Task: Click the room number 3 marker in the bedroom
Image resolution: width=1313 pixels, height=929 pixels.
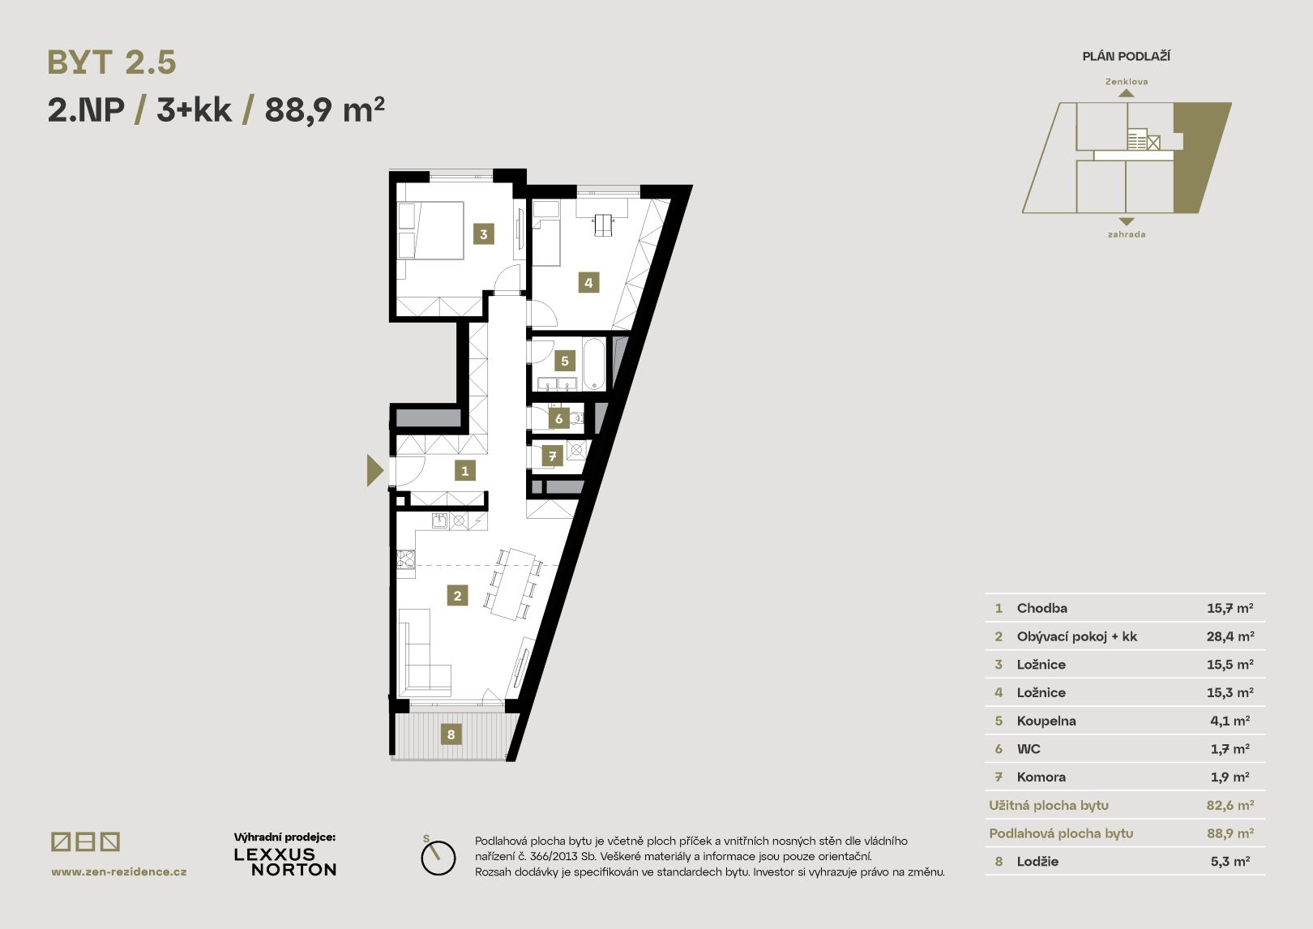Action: [484, 234]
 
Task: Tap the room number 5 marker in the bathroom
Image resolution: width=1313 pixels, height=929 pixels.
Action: [564, 361]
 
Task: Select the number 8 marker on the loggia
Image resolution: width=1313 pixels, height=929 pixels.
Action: [451, 734]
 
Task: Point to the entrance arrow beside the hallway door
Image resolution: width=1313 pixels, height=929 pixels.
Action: [374, 470]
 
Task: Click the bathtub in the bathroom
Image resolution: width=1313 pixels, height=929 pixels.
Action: [594, 364]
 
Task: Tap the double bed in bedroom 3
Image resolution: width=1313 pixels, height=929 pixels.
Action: [431, 230]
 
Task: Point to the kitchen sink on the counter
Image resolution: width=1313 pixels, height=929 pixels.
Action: [439, 520]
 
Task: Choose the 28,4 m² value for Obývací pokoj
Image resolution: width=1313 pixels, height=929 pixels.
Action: [1230, 636]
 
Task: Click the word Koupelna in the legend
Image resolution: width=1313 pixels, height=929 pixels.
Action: [1046, 721]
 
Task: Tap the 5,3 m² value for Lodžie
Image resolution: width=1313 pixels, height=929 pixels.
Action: [1230, 861]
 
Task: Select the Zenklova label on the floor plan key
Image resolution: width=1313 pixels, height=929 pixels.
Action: [1127, 82]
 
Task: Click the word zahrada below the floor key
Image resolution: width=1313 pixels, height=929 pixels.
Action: [1127, 234]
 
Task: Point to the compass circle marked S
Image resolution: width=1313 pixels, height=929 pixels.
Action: [438, 858]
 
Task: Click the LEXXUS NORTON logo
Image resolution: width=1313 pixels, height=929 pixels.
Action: [285, 862]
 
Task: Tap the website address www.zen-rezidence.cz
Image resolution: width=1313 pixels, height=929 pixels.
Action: [119, 871]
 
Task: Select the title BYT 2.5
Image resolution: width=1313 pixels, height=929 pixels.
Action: [111, 62]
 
